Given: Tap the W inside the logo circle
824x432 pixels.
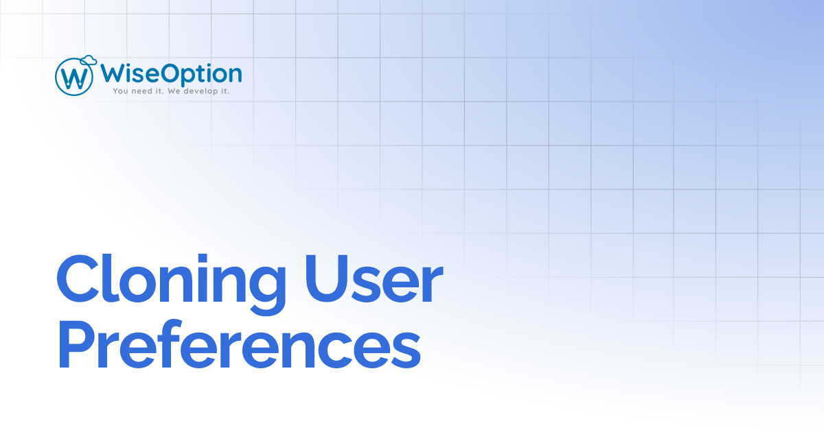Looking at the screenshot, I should [74, 77].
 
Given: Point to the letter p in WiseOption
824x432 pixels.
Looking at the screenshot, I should [192, 75].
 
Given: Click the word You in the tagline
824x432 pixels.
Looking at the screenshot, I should [122, 91].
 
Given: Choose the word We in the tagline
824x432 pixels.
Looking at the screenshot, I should [176, 91].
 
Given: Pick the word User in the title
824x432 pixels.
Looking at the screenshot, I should [371, 281].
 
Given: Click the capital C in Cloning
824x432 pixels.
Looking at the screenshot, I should [78, 281].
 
